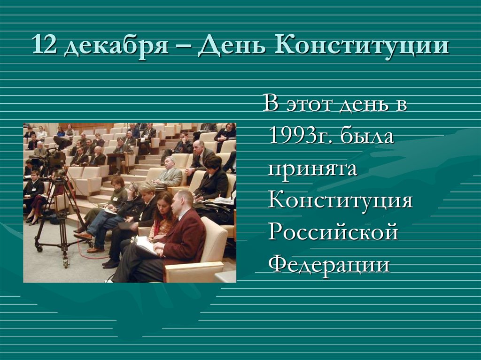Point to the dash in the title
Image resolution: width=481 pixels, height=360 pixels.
185,48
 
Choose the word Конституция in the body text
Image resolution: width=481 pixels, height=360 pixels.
341,200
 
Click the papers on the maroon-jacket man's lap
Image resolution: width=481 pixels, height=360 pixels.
145,245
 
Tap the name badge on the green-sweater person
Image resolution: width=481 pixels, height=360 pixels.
115,199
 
